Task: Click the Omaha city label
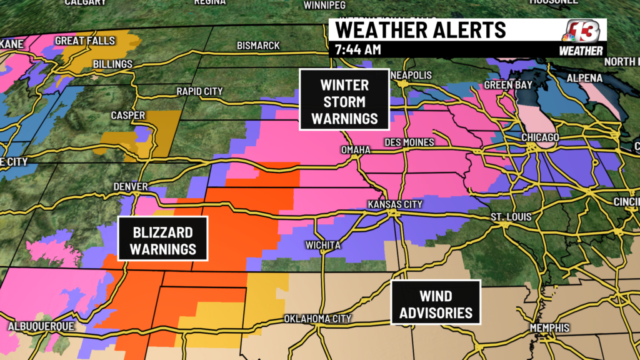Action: click(x=356, y=151)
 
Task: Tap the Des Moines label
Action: click(x=410, y=142)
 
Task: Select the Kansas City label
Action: click(x=395, y=204)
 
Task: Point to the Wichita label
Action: click(x=323, y=245)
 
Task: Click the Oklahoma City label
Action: click(x=317, y=319)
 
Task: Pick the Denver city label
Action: click(x=131, y=186)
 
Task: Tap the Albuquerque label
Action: click(x=41, y=326)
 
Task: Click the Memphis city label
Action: click(x=549, y=328)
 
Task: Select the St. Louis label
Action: click(x=511, y=217)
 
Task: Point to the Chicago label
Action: click(x=540, y=137)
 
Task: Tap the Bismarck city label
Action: click(x=258, y=46)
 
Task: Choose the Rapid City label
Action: click(x=199, y=91)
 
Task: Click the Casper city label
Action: click(x=128, y=116)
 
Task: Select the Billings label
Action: click(x=112, y=64)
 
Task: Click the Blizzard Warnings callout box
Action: click(x=163, y=241)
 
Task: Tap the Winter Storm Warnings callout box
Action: click(x=344, y=101)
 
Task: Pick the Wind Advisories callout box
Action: click(x=436, y=302)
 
